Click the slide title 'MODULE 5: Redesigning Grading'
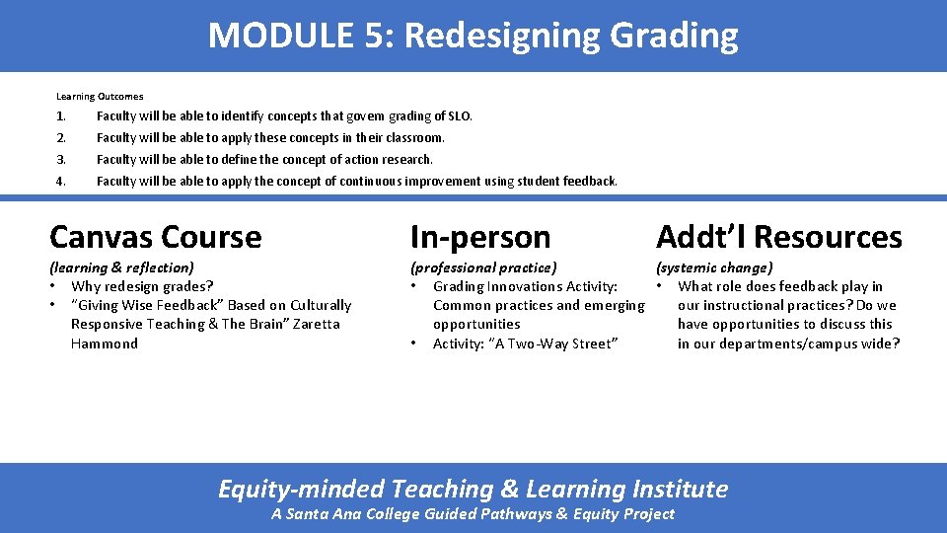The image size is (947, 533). [x=473, y=36]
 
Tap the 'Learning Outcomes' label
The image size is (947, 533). [x=100, y=97]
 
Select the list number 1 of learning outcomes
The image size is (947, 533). [x=60, y=116]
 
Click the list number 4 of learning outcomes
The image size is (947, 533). [x=61, y=182]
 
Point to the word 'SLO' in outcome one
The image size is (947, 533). [x=460, y=116]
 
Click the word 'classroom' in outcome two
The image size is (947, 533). [x=414, y=138]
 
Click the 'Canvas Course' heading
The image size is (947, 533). [x=155, y=237]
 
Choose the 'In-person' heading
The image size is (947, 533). [x=480, y=237]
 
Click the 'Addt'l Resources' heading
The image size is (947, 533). [x=778, y=237]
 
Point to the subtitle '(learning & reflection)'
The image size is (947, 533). [x=121, y=267]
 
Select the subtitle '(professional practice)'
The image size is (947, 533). [x=483, y=267]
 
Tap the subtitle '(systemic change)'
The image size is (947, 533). [x=714, y=267]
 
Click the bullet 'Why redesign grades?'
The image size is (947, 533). [x=142, y=286]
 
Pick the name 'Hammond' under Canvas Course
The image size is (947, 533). [x=105, y=343]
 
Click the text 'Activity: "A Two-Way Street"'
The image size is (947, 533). [x=525, y=343]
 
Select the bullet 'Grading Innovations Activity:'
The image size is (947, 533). [x=525, y=286]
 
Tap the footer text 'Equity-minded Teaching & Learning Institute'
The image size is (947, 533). [x=473, y=489]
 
